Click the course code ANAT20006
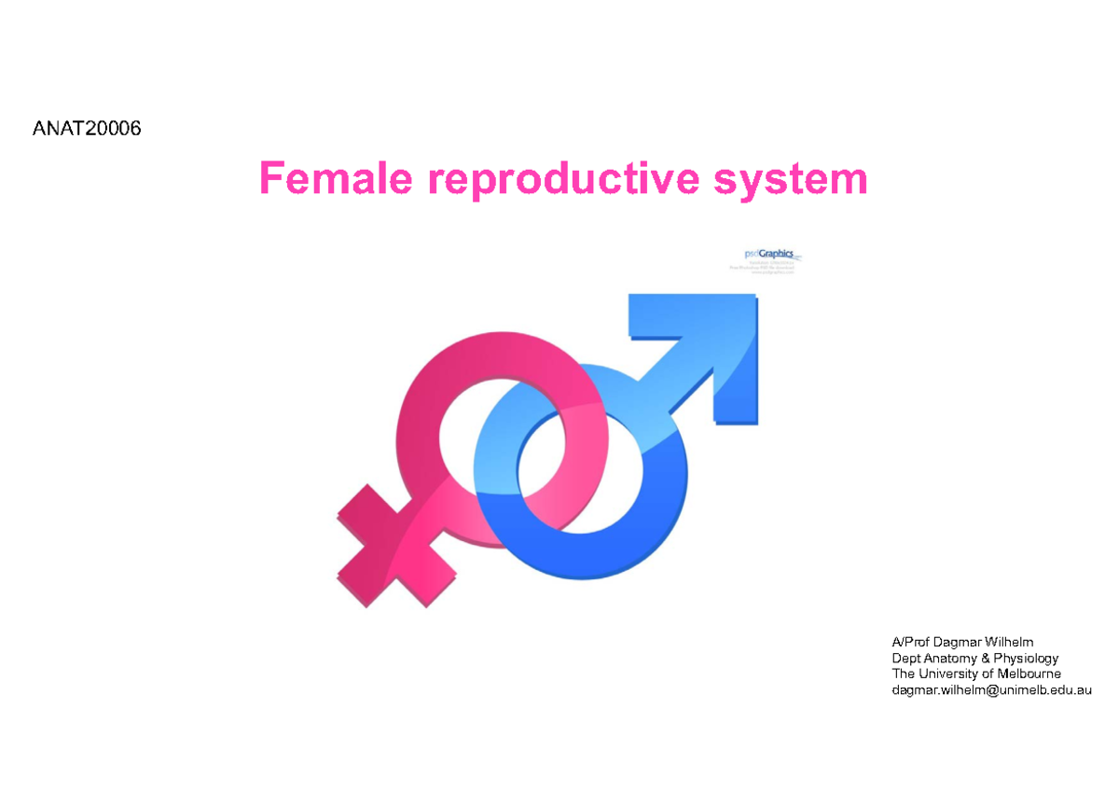pos(87,129)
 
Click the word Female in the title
pos(335,178)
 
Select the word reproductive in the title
pos(562,178)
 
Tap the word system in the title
pos(791,178)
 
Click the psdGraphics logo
pos(764,259)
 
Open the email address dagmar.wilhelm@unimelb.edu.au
pos(991,690)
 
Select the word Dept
pos(906,658)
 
